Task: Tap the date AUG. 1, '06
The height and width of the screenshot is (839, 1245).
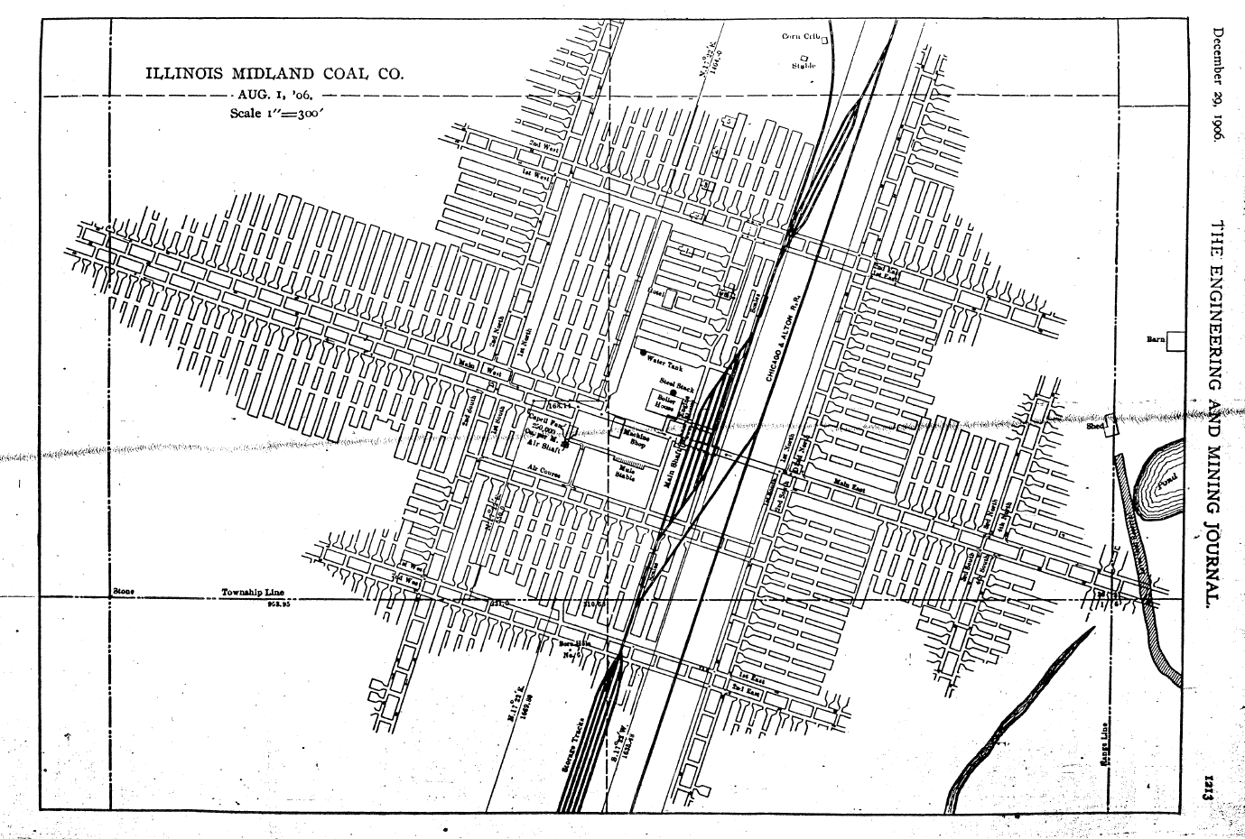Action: [274, 94]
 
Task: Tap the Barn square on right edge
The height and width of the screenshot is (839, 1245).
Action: [1175, 340]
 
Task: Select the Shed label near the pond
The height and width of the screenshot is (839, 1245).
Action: [1095, 427]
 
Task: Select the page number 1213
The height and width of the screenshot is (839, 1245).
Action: [1216, 783]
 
